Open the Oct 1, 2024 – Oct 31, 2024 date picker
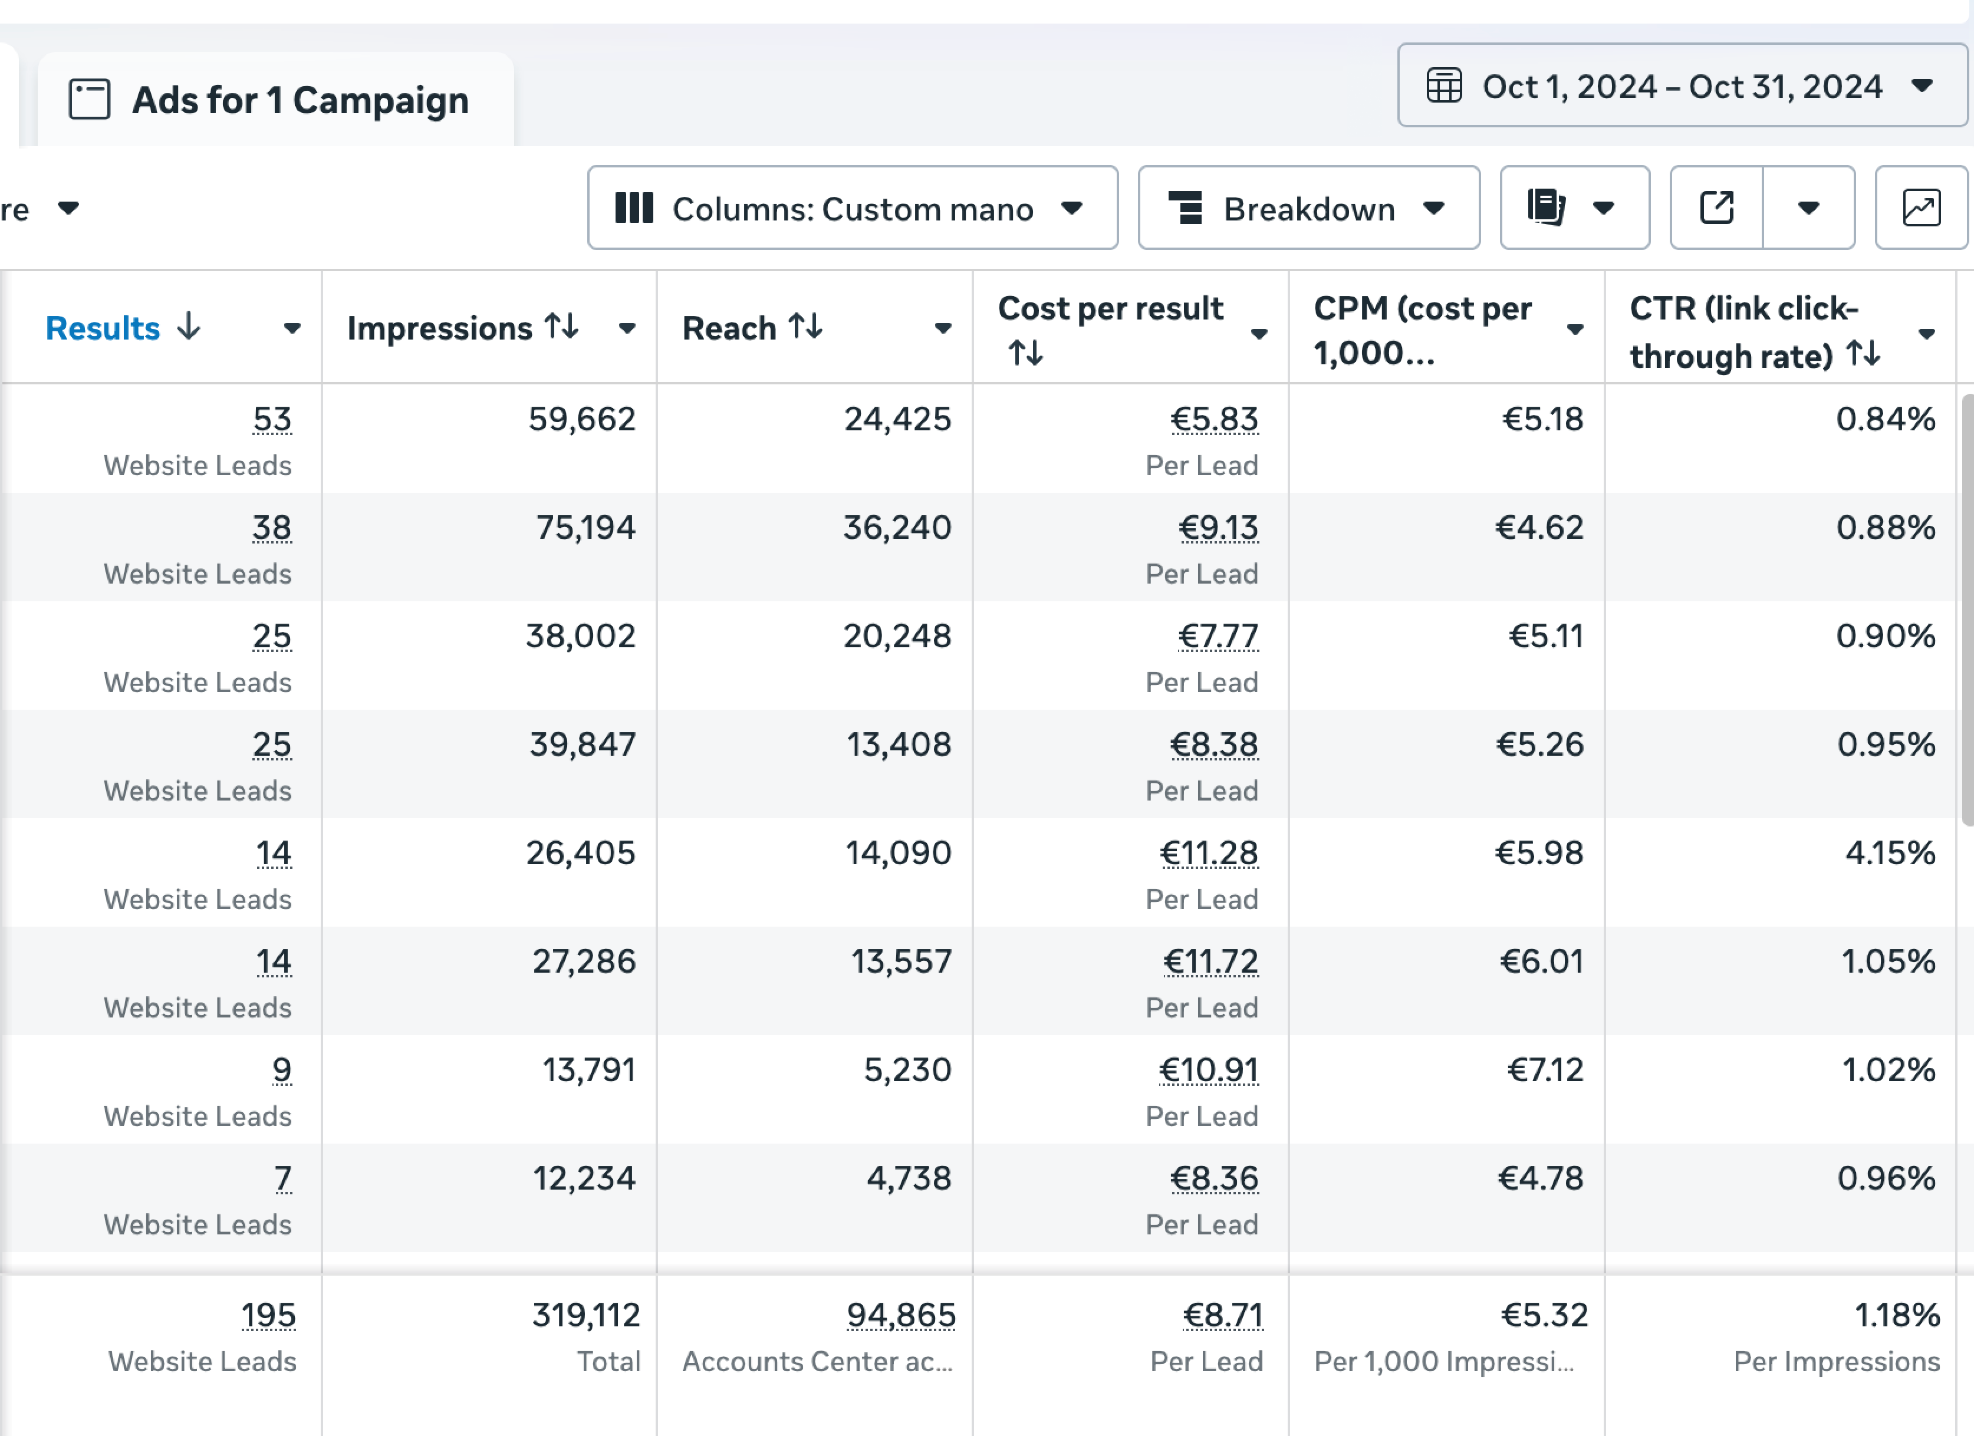1681,86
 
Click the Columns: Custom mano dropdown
852,209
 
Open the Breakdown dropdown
1308,209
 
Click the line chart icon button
1921,209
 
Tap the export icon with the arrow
1716,209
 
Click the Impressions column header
439,328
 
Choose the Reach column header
729,328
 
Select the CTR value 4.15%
1890,853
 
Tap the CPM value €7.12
1545,1069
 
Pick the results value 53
272,420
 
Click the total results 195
268,1315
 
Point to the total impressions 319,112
585,1315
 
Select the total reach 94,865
901,1315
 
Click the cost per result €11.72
1210,961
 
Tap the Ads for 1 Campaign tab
274,100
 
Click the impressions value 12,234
584,1178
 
